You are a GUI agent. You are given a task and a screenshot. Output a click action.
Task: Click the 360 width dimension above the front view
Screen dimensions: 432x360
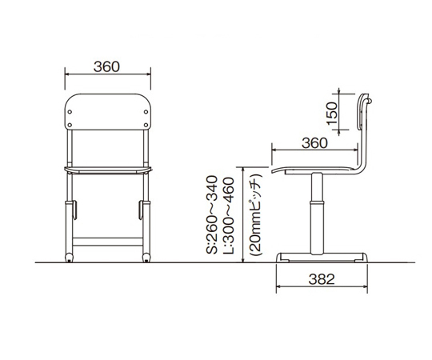(x=106, y=67)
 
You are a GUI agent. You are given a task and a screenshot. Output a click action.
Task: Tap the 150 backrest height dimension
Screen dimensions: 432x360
(x=331, y=113)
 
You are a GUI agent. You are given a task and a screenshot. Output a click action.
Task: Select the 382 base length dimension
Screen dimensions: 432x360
(x=322, y=279)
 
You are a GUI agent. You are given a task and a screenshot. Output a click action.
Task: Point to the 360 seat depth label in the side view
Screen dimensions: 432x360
(x=314, y=143)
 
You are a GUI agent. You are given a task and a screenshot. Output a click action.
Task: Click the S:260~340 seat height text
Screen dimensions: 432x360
(x=212, y=215)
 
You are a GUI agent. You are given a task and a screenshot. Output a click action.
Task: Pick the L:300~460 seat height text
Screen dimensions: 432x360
(x=228, y=215)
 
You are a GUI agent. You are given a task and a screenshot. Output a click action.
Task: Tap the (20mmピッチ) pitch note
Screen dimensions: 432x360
(x=255, y=215)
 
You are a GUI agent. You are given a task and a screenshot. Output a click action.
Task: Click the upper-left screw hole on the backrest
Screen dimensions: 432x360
(x=70, y=112)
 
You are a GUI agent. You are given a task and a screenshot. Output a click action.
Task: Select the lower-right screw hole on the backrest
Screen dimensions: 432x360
(x=146, y=125)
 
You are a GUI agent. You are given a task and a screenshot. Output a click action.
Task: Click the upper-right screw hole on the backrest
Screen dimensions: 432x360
(x=146, y=112)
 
